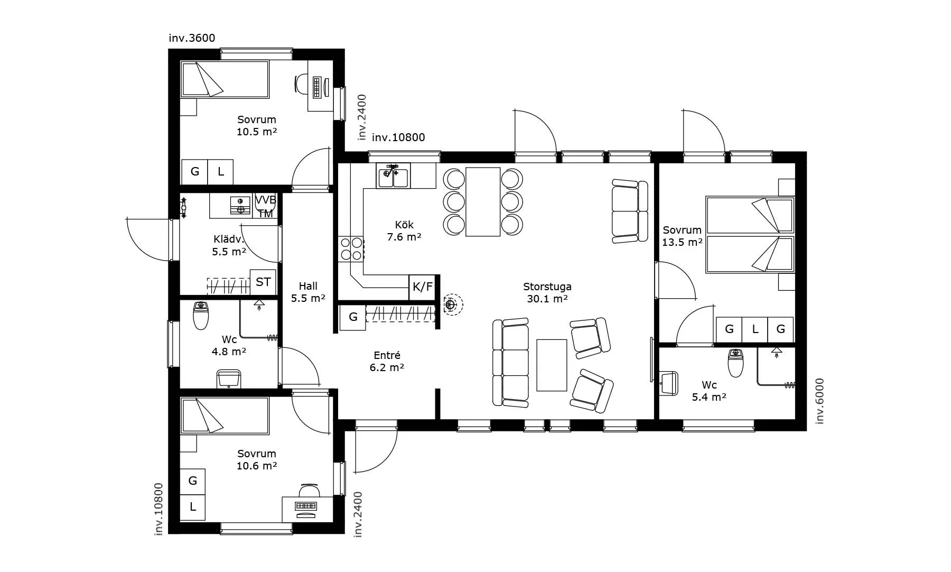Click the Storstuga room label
tap(547, 287)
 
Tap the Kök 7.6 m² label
tap(404, 231)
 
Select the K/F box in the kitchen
tap(422, 287)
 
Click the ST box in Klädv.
tap(263, 282)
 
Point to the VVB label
tap(266, 200)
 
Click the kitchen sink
tap(393, 176)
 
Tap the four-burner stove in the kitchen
tap(351, 248)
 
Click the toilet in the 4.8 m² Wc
tap(201, 315)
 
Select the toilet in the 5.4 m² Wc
tap(735, 363)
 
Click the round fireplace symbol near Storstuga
tap(451, 305)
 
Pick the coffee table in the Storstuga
tap(552, 365)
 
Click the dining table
tap(483, 202)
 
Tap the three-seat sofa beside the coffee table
tap(510, 363)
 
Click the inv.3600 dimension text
tap(192, 38)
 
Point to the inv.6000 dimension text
tap(819, 401)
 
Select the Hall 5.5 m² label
tap(308, 292)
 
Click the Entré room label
tap(387, 356)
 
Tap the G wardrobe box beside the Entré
tap(353, 317)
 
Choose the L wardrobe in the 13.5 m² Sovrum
tap(755, 329)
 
